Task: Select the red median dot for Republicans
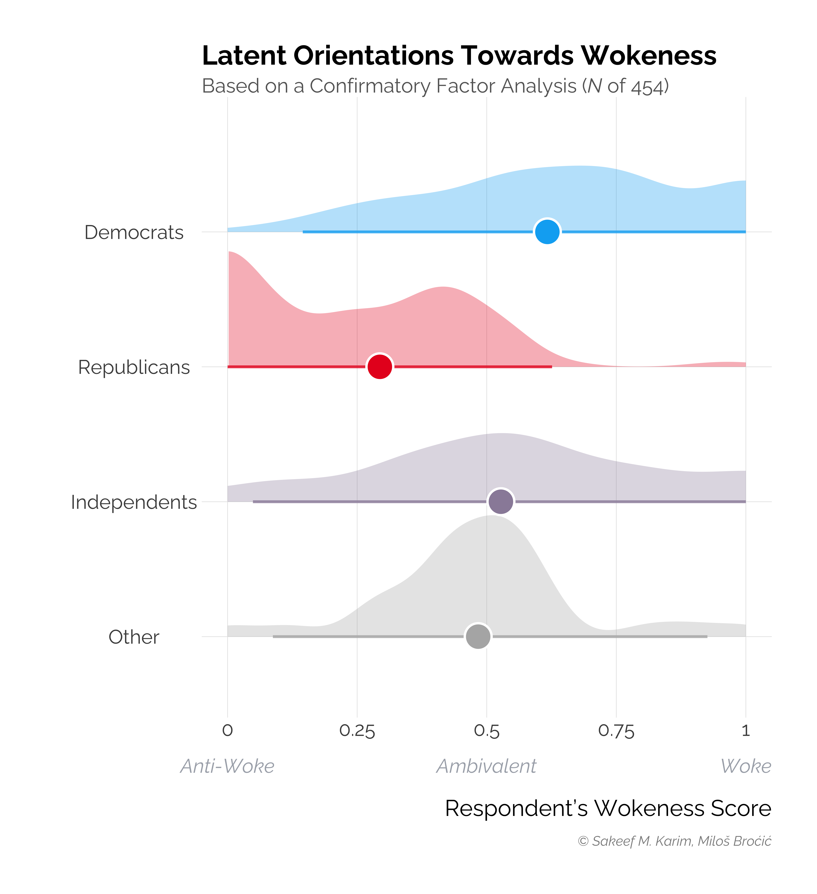(380, 367)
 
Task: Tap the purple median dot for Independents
(501, 502)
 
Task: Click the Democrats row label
(134, 232)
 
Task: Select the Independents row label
(134, 502)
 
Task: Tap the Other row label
(134, 637)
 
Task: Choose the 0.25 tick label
(357, 731)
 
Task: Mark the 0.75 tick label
(616, 731)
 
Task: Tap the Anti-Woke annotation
(227, 766)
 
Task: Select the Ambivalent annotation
(486, 766)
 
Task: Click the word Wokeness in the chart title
(649, 56)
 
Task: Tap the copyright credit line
(674, 841)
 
